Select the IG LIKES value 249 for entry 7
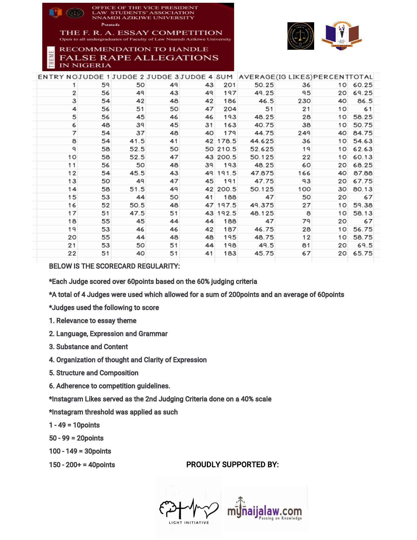[x=304, y=133]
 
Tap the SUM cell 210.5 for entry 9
[x=227, y=149]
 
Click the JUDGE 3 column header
[x=163, y=77]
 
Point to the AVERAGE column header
[x=256, y=77]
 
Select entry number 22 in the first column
[x=72, y=253]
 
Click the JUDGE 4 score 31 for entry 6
[x=209, y=125]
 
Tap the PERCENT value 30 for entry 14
[x=342, y=189]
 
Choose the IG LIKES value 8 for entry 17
[x=308, y=213]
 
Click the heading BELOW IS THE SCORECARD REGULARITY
[x=114, y=266]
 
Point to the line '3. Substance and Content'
[x=88, y=347]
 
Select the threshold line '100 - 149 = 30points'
[x=80, y=451]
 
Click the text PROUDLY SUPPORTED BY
[x=232, y=465]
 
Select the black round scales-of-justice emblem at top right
[x=301, y=36]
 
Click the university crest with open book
[x=342, y=35]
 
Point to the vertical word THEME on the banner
[x=51, y=59]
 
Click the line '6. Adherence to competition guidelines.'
[x=110, y=386]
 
